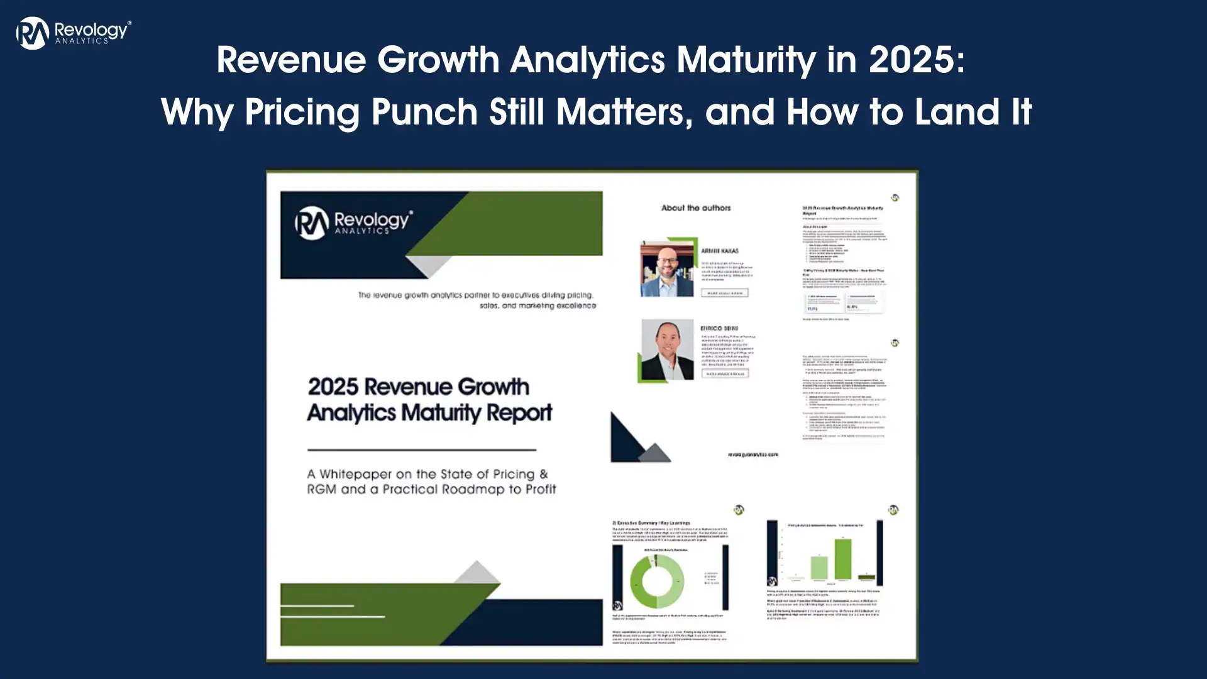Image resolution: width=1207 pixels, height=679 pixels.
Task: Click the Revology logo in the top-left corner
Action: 73,33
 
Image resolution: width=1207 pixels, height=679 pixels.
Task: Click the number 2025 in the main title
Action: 915,60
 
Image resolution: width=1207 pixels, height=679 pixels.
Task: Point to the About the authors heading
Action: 696,208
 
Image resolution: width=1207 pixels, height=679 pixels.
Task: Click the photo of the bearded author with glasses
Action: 667,268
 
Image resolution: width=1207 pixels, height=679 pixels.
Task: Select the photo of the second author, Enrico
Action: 667,350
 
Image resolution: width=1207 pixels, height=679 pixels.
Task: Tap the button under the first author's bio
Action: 725,293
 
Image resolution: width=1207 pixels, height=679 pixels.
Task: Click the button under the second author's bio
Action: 725,373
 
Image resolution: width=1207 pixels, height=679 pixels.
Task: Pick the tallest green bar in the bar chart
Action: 843,559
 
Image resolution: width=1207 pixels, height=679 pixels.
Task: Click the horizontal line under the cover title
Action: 421,450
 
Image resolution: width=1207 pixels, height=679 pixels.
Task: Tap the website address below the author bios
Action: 752,454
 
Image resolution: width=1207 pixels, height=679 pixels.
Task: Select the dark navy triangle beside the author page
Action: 626,438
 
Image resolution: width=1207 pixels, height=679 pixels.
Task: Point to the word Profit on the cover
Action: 541,489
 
